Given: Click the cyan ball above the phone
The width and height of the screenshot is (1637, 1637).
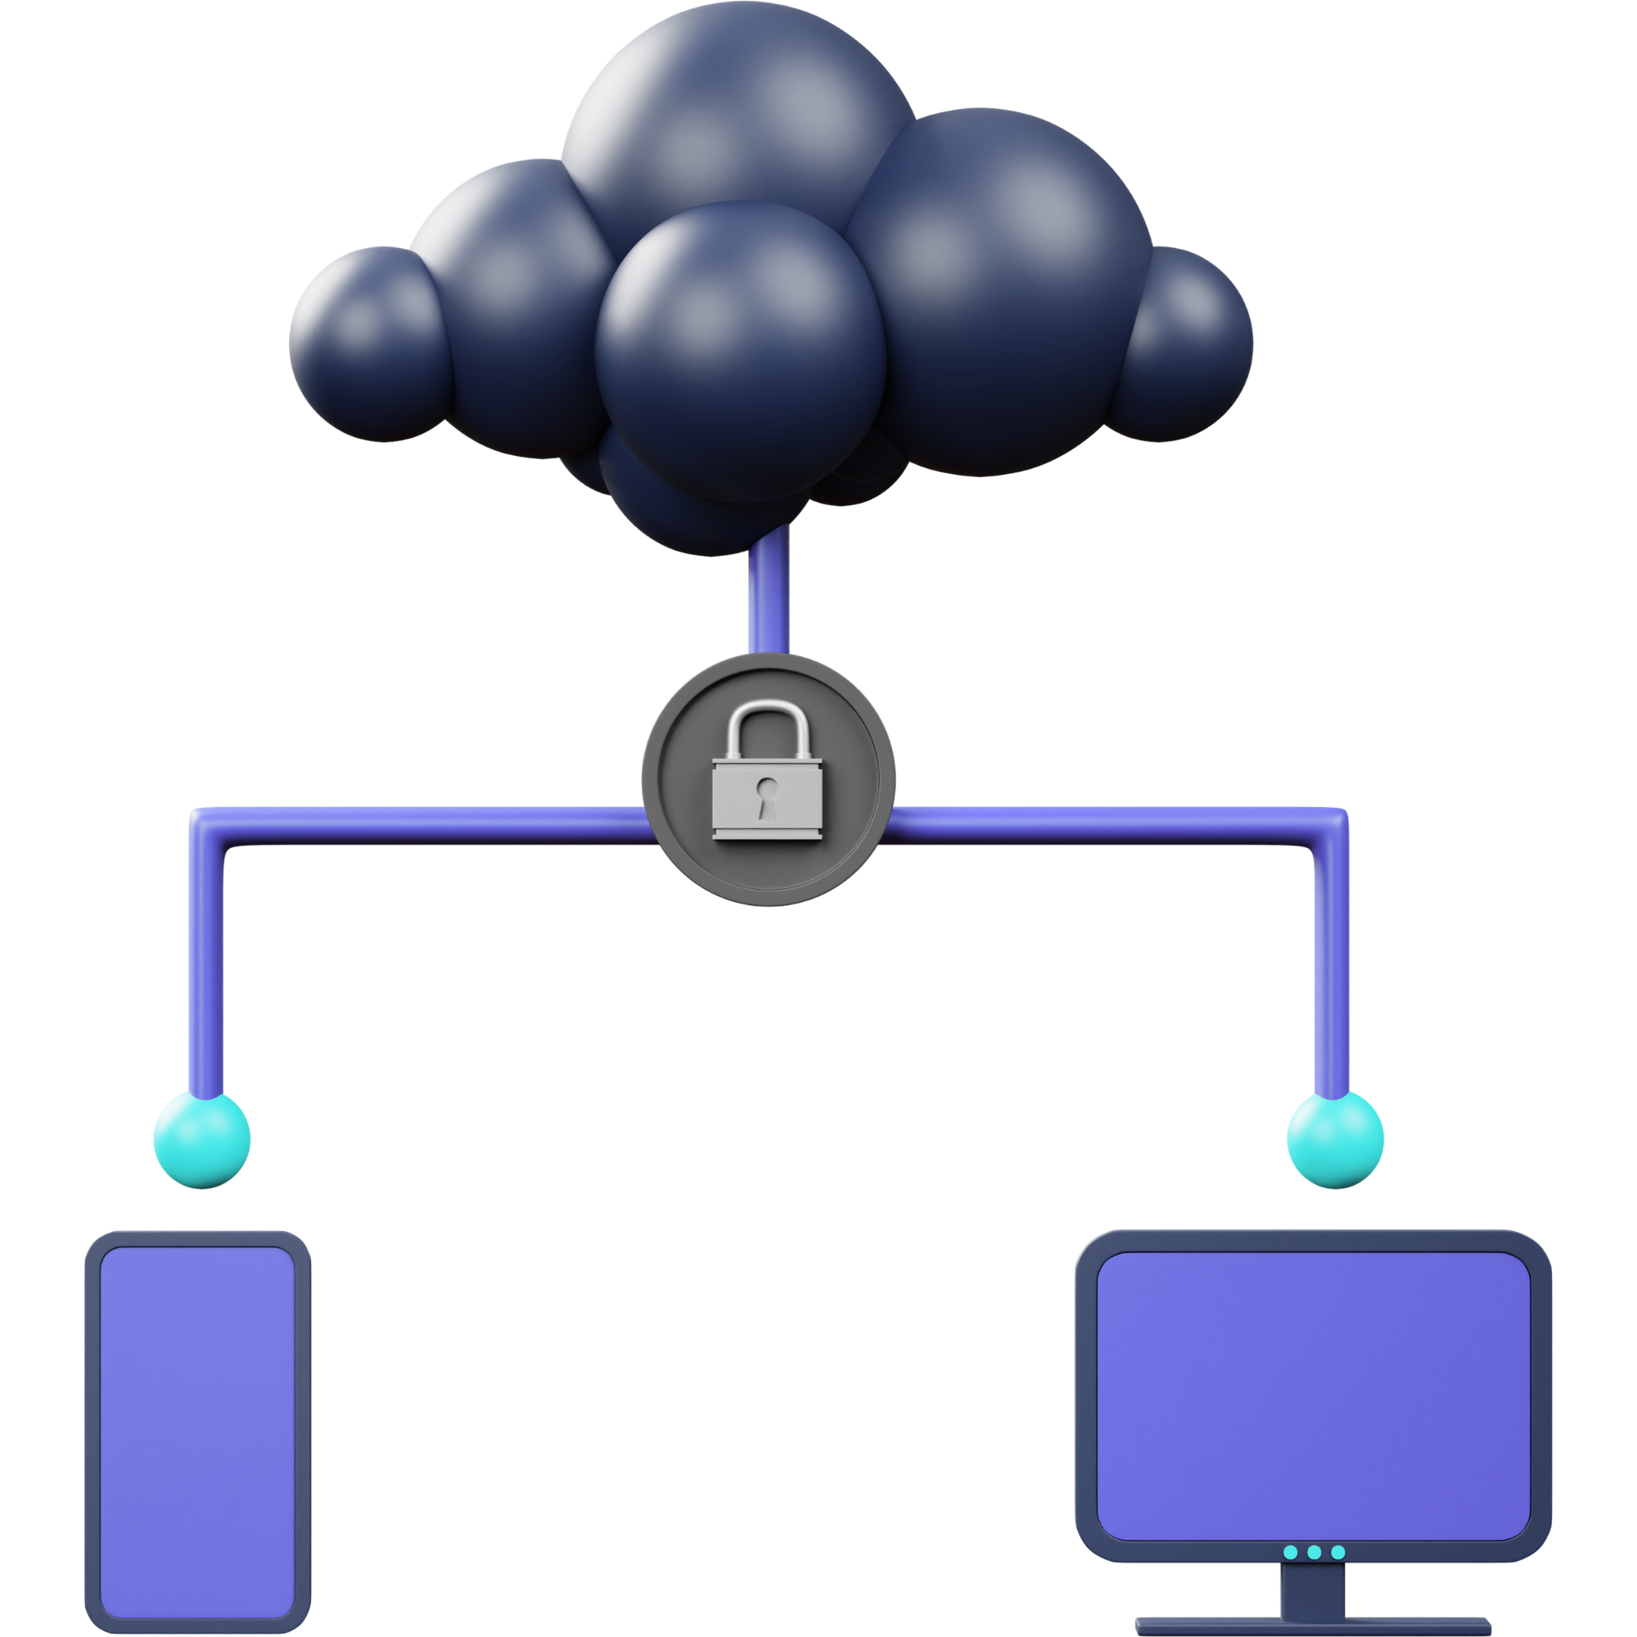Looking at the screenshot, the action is (201, 1139).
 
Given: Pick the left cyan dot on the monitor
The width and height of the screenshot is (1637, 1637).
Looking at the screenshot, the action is (1291, 1552).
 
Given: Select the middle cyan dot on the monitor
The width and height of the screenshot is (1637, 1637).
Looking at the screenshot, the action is (1315, 1552).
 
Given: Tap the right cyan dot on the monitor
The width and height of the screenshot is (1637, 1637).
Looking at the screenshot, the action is (1338, 1552).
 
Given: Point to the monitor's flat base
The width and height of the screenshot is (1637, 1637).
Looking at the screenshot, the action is (1314, 1629).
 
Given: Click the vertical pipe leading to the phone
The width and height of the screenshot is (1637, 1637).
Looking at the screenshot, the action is (207, 974).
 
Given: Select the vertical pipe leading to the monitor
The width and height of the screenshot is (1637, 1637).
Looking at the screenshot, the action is (1330, 974).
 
